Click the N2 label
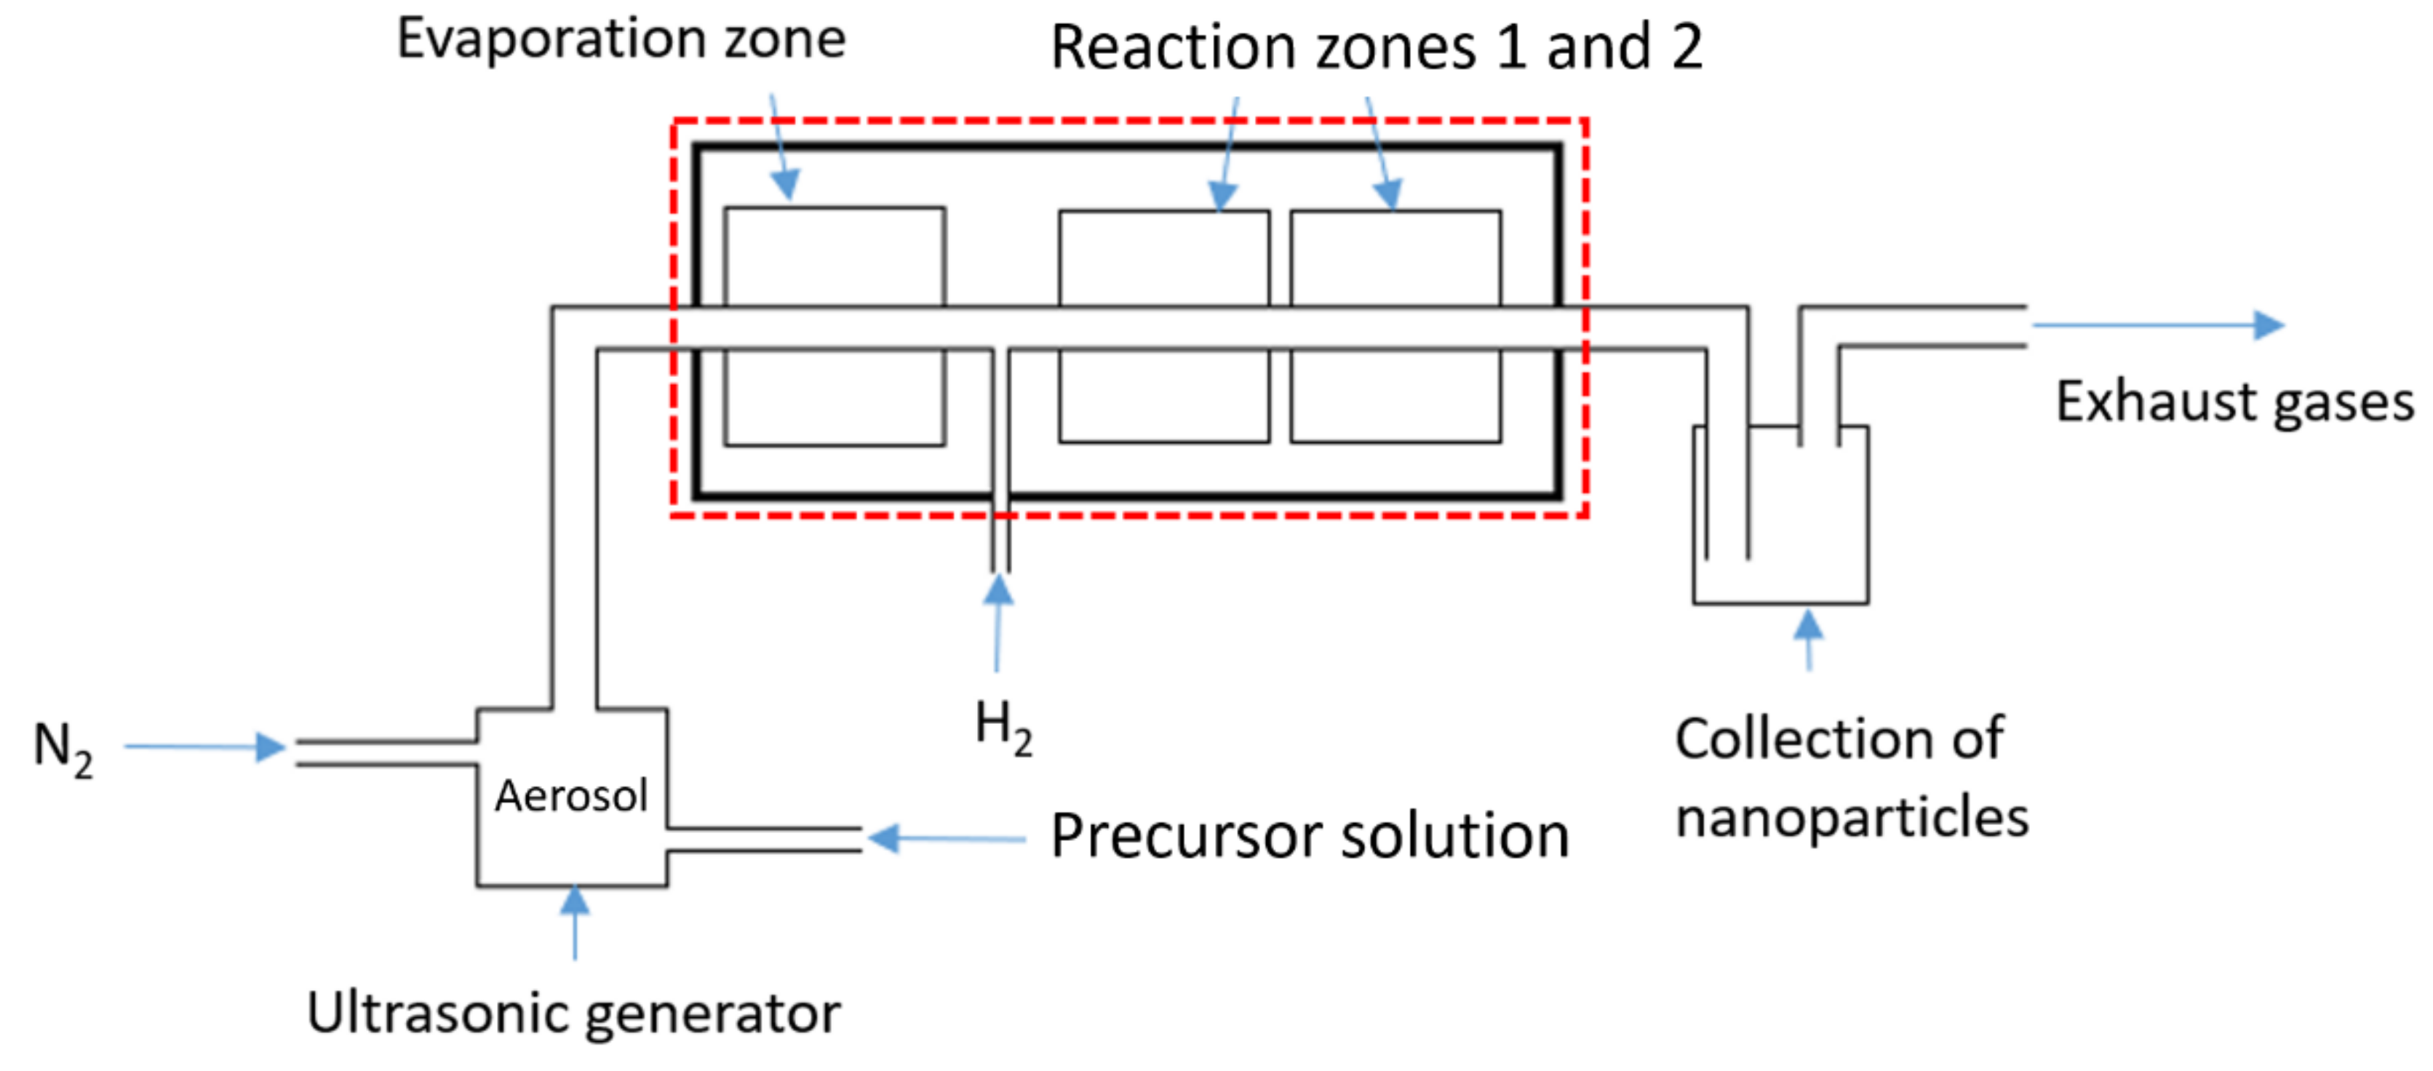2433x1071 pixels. coord(63,749)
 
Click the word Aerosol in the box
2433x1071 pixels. coord(571,796)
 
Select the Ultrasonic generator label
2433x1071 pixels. coord(573,1014)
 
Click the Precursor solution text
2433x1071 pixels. coord(1310,837)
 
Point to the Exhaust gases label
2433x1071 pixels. coord(2234,402)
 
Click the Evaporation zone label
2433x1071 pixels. coord(621,40)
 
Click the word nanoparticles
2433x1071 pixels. coord(1851,818)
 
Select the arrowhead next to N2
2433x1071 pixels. coord(271,747)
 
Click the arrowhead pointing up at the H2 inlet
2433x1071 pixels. coord(998,590)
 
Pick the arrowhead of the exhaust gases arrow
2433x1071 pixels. coord(2269,325)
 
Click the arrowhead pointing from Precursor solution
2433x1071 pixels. coord(883,837)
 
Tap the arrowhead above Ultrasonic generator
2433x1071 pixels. coord(574,900)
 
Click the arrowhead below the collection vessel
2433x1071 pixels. coord(1808,624)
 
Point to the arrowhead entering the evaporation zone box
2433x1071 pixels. coord(786,184)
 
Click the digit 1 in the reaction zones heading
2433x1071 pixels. coord(1511,47)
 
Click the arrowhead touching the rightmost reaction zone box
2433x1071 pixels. coord(1387,194)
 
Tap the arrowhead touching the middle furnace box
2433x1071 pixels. coord(1222,196)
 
